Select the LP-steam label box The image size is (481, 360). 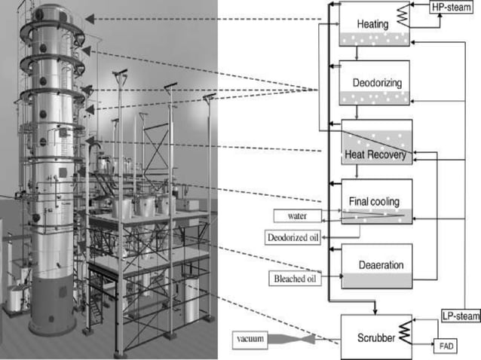click(x=459, y=317)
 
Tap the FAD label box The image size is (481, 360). click(x=446, y=346)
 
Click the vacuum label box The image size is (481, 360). click(x=250, y=340)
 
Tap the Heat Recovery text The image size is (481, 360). click(x=375, y=156)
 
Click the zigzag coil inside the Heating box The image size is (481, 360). click(x=403, y=14)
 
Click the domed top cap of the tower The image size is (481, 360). click(x=51, y=9)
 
